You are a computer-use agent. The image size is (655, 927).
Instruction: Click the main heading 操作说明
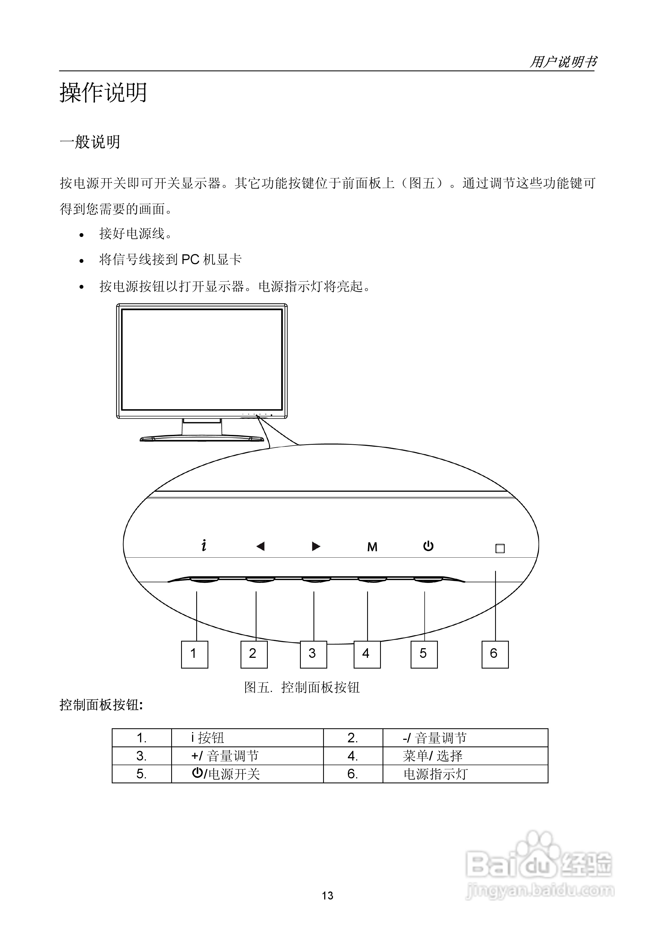click(x=103, y=92)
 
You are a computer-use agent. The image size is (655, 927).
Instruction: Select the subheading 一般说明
click(x=90, y=142)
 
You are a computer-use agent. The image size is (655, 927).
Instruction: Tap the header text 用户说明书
click(x=563, y=62)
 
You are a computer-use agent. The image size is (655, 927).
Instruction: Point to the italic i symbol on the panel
click(x=204, y=546)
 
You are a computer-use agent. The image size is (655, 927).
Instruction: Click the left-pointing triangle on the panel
click(x=260, y=546)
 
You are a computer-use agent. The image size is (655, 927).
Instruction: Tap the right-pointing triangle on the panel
click(x=316, y=546)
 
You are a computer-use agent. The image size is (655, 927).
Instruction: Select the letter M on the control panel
click(x=372, y=547)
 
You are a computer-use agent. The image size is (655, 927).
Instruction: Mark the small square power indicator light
click(x=500, y=548)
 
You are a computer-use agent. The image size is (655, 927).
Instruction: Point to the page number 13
click(x=327, y=896)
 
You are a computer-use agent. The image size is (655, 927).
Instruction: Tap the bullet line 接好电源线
click(x=136, y=234)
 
